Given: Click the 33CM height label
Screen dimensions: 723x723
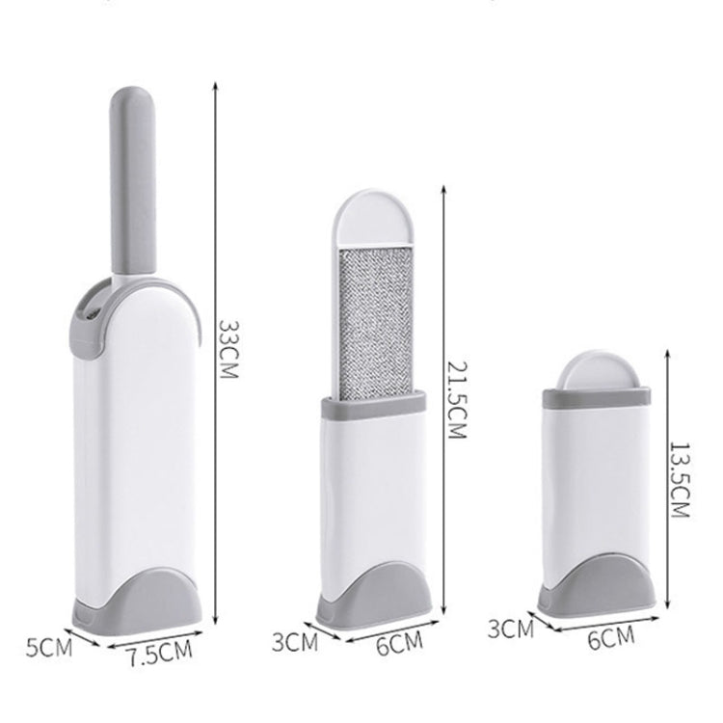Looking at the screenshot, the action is coord(228,349).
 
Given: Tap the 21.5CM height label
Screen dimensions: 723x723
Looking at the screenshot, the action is coord(457,399).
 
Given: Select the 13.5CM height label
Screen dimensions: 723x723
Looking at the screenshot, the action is coord(680,480).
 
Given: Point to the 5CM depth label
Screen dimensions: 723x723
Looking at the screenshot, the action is coord(49,648).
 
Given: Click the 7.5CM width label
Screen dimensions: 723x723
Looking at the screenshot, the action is coord(159,654).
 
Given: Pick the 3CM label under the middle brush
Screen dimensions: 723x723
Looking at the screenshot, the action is coord(295,642).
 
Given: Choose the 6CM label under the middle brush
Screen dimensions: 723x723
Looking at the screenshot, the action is coord(399,644).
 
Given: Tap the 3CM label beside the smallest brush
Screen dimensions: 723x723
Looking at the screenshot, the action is coord(511,629).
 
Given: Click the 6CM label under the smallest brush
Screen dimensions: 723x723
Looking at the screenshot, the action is coord(611,638).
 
